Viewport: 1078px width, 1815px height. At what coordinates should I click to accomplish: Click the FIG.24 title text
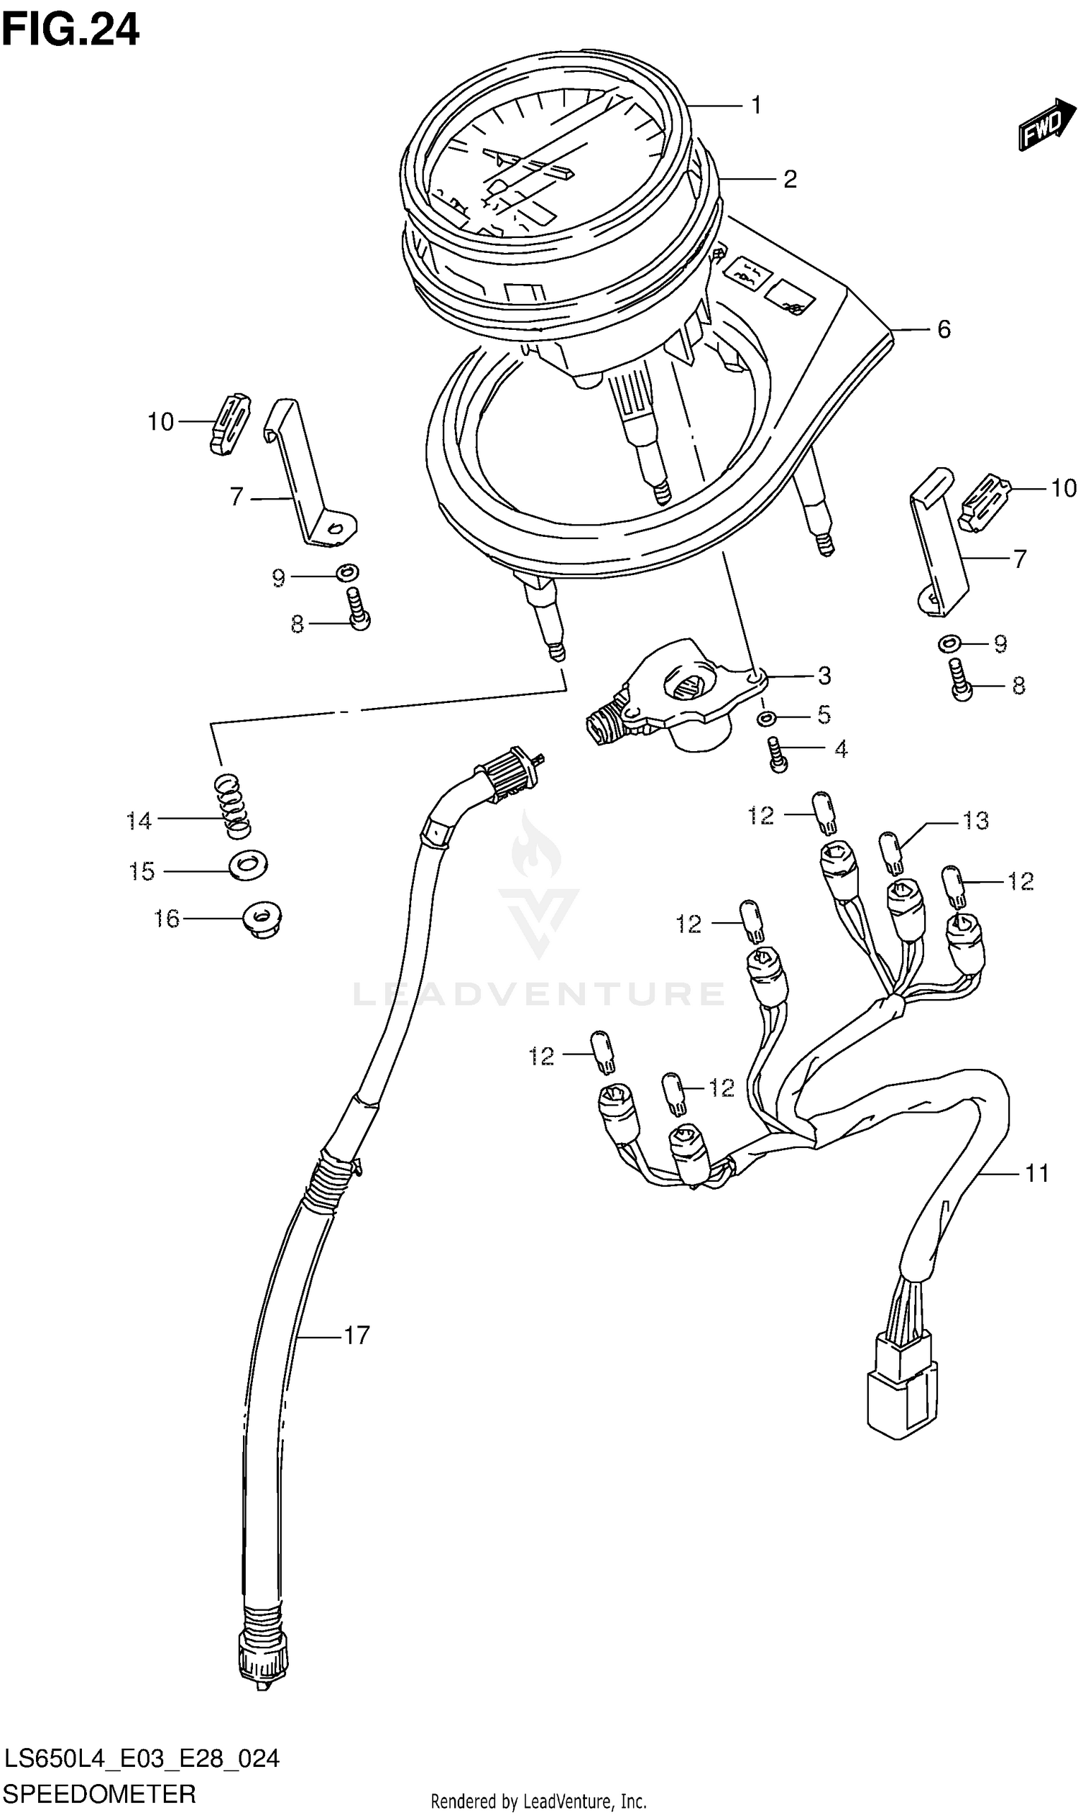tap(70, 30)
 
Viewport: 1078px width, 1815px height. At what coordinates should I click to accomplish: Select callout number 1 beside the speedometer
tap(755, 106)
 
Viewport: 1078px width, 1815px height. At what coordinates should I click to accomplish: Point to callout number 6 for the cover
tap(943, 330)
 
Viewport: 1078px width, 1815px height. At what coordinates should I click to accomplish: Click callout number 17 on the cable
tap(356, 1336)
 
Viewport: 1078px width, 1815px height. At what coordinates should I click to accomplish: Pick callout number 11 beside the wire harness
tap(1036, 1173)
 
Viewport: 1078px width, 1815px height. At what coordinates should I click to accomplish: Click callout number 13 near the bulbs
tap(975, 821)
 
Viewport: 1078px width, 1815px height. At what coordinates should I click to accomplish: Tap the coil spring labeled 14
tap(232, 804)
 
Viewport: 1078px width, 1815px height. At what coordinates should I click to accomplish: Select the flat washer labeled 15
tap(249, 865)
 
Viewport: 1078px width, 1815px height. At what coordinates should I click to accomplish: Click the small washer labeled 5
tap(765, 719)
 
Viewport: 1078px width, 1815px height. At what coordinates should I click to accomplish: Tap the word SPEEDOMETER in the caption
tap(98, 1795)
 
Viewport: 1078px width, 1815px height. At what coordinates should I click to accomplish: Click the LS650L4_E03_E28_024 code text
tap(141, 1758)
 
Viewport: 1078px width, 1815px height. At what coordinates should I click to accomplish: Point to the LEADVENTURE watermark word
tap(538, 994)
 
